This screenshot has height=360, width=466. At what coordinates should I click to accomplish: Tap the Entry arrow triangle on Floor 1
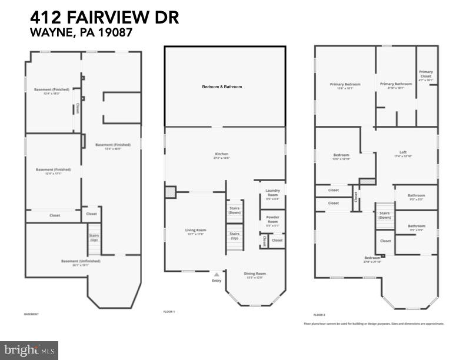[217, 274]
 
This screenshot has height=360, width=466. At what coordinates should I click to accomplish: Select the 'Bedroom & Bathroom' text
[222, 86]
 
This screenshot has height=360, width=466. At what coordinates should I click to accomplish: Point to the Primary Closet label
[426, 74]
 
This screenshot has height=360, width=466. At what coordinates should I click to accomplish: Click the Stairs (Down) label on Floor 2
[385, 215]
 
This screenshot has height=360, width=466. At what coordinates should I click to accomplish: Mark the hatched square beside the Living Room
[170, 192]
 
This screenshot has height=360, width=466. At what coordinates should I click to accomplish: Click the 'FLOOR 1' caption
[169, 311]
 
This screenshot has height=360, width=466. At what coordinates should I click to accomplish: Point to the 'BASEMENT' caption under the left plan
[31, 314]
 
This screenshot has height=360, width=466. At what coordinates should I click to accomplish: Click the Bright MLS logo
[29, 350]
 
